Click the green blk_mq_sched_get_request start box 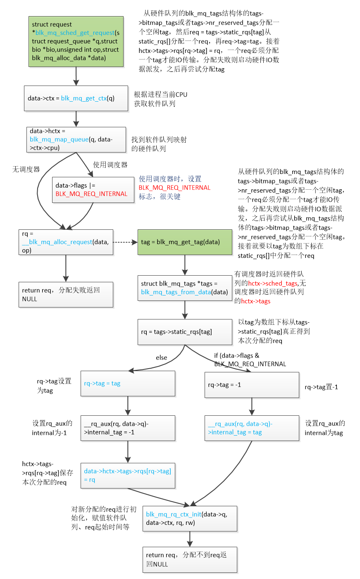pyautogui.click(x=76, y=41)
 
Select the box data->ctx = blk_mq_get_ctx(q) pyautogui.click(x=76, y=98)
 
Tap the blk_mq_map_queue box pyautogui.click(x=76, y=140)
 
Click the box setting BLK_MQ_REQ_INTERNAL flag pyautogui.click(x=93, y=190)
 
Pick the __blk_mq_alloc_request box pyautogui.click(x=66, y=242)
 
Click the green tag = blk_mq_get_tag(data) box pyautogui.click(x=185, y=242)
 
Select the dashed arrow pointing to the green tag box pyautogui.click(x=125, y=242)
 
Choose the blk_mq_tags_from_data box pyautogui.click(x=185, y=288)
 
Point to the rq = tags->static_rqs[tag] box pyautogui.click(x=185, y=332)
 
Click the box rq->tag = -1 pyautogui.click(x=252, y=385)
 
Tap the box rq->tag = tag pyautogui.click(x=128, y=384)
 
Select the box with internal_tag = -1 pyautogui.click(x=128, y=428)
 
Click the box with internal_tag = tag pyautogui.click(x=252, y=428)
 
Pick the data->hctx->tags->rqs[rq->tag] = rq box pyautogui.click(x=128, y=475)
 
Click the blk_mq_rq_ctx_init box pyautogui.click(x=190, y=519)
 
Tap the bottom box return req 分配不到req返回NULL pyautogui.click(x=190, y=560)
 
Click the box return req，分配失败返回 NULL pyautogui.click(x=66, y=295)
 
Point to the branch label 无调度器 pyautogui.click(x=26, y=169)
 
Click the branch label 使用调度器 pyautogui.click(x=110, y=165)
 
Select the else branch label pyautogui.click(x=162, y=357)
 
